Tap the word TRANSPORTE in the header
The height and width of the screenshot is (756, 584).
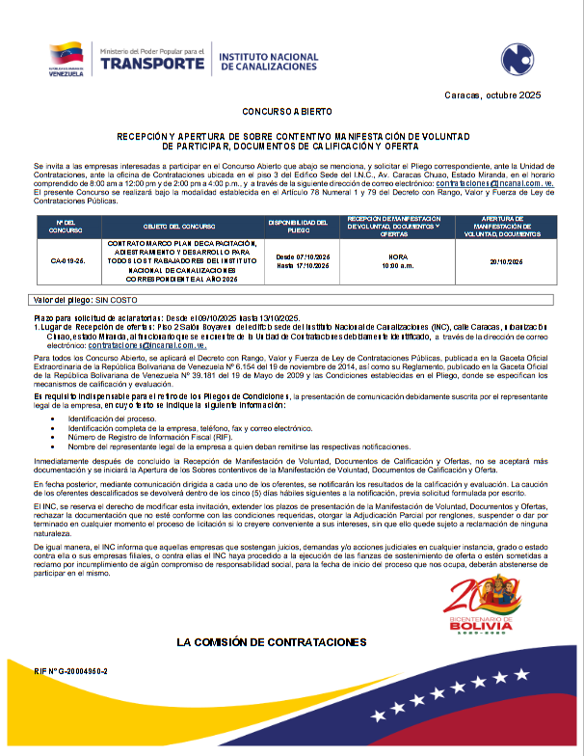(x=150, y=64)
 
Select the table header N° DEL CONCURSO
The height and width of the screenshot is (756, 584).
(x=66, y=228)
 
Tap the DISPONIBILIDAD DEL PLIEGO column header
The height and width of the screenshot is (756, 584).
(x=302, y=228)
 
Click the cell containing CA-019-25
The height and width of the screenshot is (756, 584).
(x=66, y=261)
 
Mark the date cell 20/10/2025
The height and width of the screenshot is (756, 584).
(x=506, y=261)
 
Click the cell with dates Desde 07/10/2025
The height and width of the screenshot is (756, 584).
(x=302, y=261)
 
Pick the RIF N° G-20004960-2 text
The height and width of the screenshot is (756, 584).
(x=71, y=670)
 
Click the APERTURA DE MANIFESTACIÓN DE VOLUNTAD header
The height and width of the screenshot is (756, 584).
(x=506, y=228)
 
